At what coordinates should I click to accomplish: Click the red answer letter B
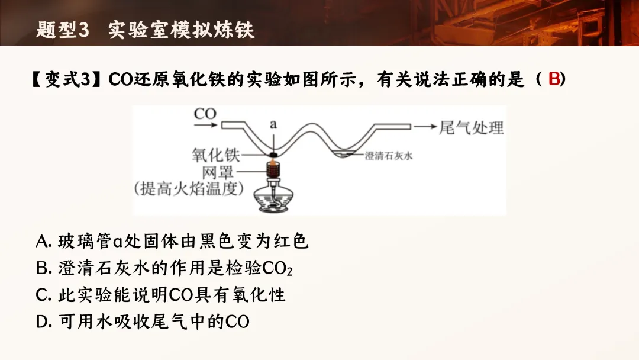(x=554, y=79)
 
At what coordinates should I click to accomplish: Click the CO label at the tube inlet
(x=205, y=113)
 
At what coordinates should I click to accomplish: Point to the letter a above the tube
(x=273, y=124)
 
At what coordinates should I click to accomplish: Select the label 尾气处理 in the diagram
(x=471, y=127)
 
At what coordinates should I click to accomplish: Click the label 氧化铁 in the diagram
(x=214, y=156)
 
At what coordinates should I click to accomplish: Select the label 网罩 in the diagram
(x=218, y=172)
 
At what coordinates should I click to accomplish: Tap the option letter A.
(x=44, y=242)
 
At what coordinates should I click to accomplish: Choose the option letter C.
(x=43, y=295)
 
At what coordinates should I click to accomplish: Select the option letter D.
(x=44, y=322)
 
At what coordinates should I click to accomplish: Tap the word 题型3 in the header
(x=62, y=30)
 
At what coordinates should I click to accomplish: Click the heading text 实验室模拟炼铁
(x=182, y=30)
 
